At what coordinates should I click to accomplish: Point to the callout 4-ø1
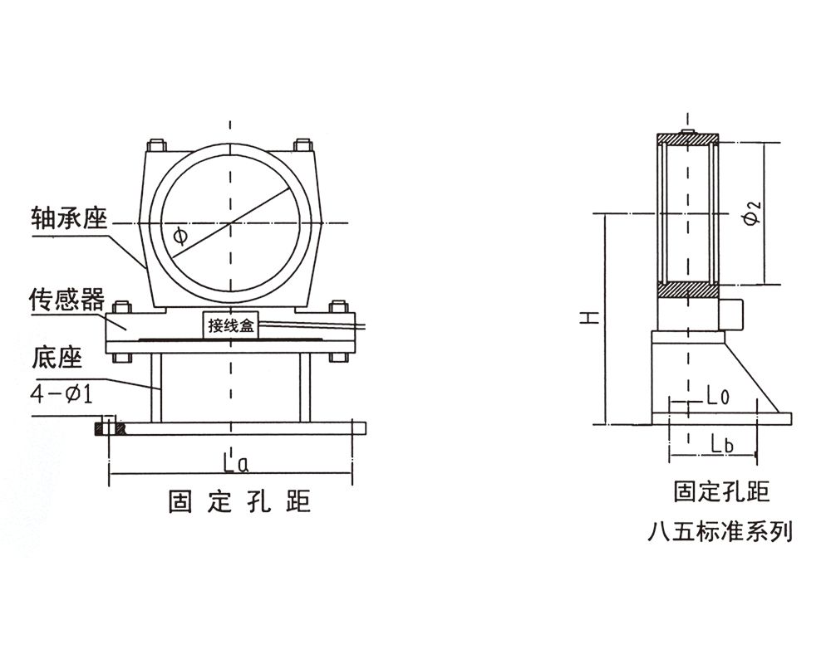click(x=60, y=394)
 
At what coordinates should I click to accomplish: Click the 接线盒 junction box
click(x=232, y=326)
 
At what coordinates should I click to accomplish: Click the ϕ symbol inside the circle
click(x=179, y=236)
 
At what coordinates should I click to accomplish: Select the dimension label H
click(x=588, y=317)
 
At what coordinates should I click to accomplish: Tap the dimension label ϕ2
click(x=750, y=214)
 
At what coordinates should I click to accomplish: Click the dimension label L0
click(x=717, y=397)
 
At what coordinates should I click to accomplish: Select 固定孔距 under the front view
click(x=238, y=501)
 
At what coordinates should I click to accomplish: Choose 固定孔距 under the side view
click(x=721, y=491)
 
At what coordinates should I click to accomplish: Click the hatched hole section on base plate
click(x=110, y=428)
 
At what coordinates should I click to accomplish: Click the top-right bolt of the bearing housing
click(x=304, y=144)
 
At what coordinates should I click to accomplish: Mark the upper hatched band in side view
click(x=687, y=139)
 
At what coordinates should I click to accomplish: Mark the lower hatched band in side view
click(x=687, y=290)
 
